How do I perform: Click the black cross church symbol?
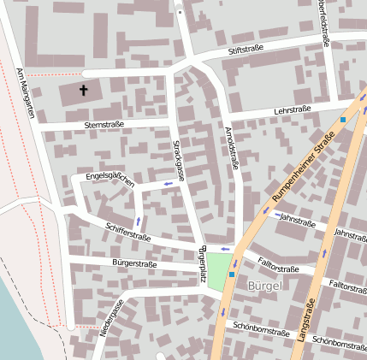coord(85,90)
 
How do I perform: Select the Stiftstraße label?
coord(245,51)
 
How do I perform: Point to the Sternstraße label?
coord(104,125)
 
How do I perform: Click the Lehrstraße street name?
coord(292,109)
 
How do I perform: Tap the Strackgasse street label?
coord(181,159)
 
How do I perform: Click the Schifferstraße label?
coord(127,231)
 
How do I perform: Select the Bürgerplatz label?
coord(203,265)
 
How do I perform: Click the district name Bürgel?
coord(263,285)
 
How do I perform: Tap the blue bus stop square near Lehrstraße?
coord(343,120)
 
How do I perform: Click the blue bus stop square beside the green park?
coord(231,274)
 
